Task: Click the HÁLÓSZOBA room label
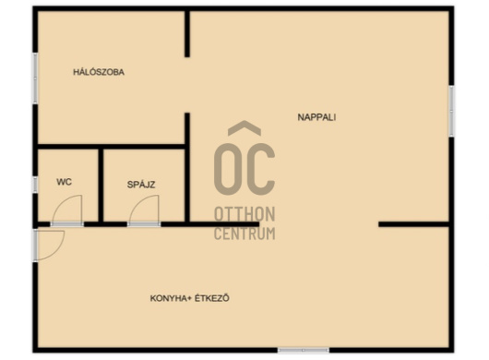(x=99, y=72)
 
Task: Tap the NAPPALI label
(x=316, y=117)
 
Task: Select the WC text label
(x=65, y=182)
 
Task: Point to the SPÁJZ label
(x=141, y=185)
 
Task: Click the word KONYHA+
(x=171, y=298)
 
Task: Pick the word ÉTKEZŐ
(x=212, y=298)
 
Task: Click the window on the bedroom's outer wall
(x=36, y=78)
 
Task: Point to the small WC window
(x=36, y=185)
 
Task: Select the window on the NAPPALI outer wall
(x=451, y=111)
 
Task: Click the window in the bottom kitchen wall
(x=304, y=351)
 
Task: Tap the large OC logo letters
(x=244, y=169)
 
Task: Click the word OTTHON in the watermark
(x=244, y=214)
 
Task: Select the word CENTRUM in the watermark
(x=244, y=234)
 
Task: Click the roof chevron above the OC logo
(x=244, y=127)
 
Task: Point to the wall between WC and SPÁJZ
(x=101, y=186)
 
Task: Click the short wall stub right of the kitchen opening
(x=414, y=224)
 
